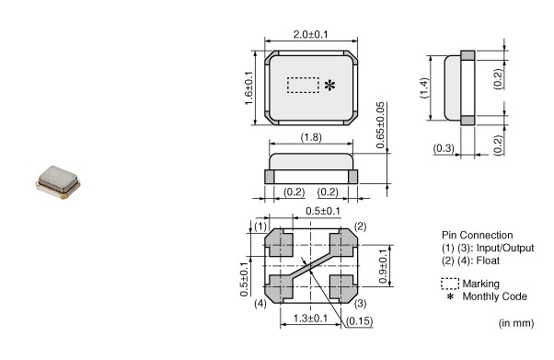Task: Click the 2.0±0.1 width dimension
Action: (x=310, y=34)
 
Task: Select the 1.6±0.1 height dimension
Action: (x=248, y=88)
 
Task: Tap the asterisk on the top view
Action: (x=329, y=86)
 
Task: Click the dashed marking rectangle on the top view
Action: (x=303, y=86)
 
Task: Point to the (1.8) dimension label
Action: (x=311, y=137)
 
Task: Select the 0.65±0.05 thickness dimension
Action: (x=380, y=125)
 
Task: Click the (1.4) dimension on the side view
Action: (x=424, y=87)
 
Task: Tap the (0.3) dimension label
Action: (x=444, y=148)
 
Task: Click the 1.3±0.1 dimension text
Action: (x=310, y=318)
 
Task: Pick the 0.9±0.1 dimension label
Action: (x=383, y=266)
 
